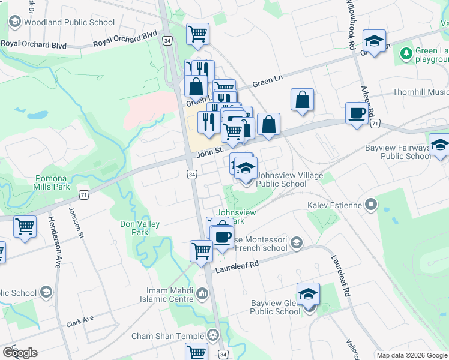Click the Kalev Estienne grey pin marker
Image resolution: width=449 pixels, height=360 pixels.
point(372,206)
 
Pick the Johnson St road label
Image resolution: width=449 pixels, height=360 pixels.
point(75,222)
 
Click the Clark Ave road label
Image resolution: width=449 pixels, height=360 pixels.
point(80,320)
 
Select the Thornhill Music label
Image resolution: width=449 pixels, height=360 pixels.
point(420,92)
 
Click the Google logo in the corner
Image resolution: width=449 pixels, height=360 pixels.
point(20,352)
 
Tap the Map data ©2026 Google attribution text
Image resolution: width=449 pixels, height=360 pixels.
point(411,355)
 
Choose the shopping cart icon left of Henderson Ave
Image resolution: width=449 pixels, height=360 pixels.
point(25,227)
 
